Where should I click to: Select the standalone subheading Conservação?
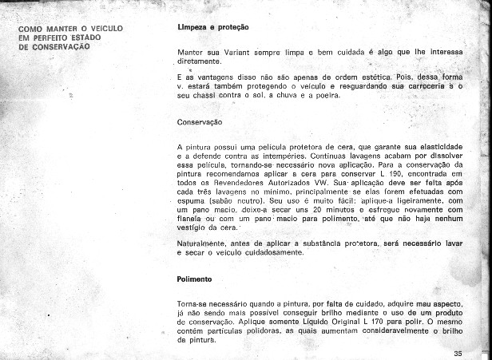[200, 122]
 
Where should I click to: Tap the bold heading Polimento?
[194, 279]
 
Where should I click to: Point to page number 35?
[457, 354]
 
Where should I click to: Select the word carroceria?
[424, 85]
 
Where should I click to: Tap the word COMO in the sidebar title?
[32, 29]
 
